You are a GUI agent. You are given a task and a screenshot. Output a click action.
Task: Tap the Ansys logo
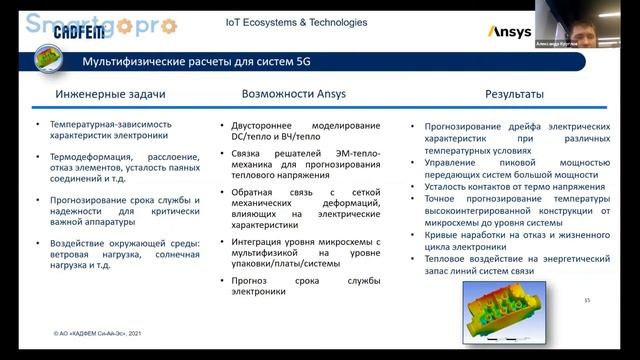(x=509, y=32)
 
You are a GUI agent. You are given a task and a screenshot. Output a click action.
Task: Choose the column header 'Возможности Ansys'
(x=296, y=95)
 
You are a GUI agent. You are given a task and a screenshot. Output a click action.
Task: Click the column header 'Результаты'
(x=514, y=95)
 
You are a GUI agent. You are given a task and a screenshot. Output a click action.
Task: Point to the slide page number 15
(x=587, y=300)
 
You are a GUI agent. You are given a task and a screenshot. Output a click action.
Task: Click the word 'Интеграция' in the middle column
(x=261, y=242)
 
